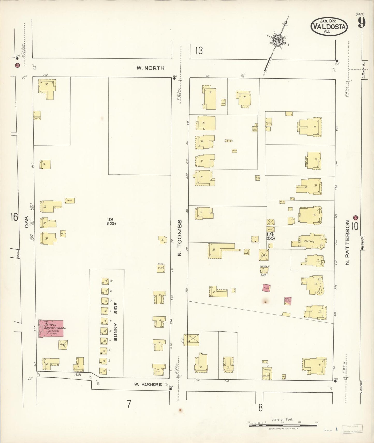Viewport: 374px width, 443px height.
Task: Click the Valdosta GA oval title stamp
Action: click(x=329, y=26)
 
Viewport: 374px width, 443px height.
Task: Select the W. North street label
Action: click(x=150, y=68)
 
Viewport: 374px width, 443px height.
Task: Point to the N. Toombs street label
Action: click(x=180, y=238)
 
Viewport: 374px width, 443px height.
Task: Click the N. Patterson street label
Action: click(x=347, y=242)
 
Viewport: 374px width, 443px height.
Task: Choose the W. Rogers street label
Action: click(x=148, y=384)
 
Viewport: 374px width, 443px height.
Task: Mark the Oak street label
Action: click(x=26, y=222)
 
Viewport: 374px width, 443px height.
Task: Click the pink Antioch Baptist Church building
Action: click(x=51, y=328)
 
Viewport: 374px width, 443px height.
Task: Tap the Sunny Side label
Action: click(x=115, y=322)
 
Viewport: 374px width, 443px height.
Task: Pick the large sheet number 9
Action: click(x=362, y=23)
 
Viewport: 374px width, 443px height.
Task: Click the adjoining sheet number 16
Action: click(x=14, y=217)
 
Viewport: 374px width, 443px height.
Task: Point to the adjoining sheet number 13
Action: click(x=199, y=51)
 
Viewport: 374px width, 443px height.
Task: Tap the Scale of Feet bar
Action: click(x=283, y=425)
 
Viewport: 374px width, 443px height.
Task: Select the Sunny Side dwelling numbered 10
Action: click(x=105, y=281)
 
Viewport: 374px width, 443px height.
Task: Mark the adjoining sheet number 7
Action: click(x=129, y=404)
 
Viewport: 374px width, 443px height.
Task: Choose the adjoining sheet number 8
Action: click(x=260, y=408)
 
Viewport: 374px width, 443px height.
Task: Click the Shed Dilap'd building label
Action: click(x=161, y=268)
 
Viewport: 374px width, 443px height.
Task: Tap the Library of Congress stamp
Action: click(x=353, y=429)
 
